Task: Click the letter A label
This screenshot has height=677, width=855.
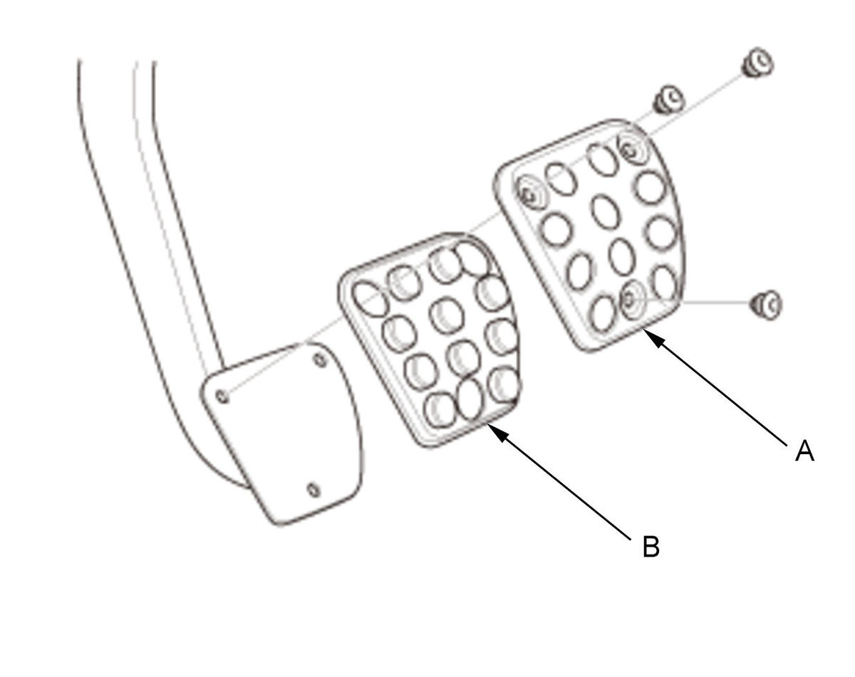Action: click(x=804, y=451)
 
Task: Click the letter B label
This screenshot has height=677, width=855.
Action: click(x=651, y=547)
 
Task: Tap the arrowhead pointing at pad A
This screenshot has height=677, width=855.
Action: click(x=653, y=337)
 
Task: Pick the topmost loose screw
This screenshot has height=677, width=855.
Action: click(x=757, y=63)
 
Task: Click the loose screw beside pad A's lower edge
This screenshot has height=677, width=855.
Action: click(x=766, y=305)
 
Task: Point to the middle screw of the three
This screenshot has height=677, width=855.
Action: click(x=668, y=99)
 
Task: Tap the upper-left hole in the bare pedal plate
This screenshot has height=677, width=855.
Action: click(x=222, y=396)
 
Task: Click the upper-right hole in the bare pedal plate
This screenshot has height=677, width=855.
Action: click(x=320, y=360)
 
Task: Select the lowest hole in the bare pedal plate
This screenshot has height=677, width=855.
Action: click(x=314, y=490)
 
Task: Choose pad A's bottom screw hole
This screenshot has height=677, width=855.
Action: click(x=628, y=300)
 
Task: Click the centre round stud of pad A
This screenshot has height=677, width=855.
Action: click(x=605, y=211)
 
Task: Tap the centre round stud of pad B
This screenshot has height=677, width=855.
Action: click(x=447, y=316)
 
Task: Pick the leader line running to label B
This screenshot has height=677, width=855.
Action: click(x=559, y=482)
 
